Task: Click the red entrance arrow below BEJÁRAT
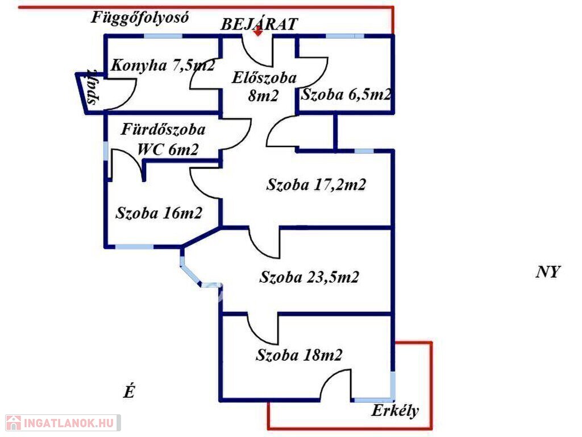coord(258,32)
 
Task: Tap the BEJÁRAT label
coord(259,24)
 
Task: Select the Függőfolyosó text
coord(140,18)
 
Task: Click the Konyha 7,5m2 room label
coord(163,65)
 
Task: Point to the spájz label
coord(93,88)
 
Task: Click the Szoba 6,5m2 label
coord(346,94)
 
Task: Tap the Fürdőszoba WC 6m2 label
coord(163,139)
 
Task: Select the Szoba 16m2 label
coord(159,213)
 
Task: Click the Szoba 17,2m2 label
coord(316,184)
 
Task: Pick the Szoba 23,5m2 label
coord(309,277)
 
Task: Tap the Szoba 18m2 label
coord(299,355)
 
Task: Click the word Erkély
coord(395,411)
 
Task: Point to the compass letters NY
coord(548,272)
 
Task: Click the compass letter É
coord(129,391)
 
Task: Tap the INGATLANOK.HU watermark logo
coord(63,423)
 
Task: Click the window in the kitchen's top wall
coord(163,36)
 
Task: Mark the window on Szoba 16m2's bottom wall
coord(134,246)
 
